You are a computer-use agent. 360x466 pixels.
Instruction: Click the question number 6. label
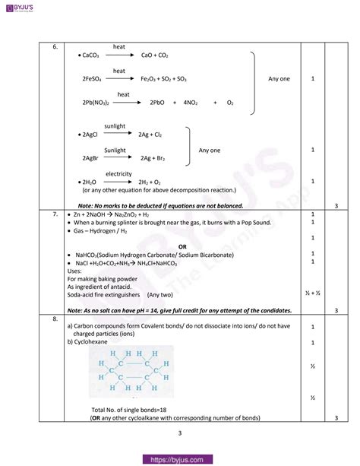pyautogui.click(x=55, y=47)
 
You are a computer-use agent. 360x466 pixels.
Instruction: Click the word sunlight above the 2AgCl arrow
pyautogui.click(x=115, y=125)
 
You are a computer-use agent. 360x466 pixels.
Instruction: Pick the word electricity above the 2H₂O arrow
pyautogui.click(x=118, y=174)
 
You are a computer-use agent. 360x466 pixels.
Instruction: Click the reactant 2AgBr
pyautogui.click(x=93, y=158)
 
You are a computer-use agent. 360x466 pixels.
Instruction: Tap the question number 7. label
pyautogui.click(x=55, y=215)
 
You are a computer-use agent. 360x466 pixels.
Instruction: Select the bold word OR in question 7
pyautogui.click(x=182, y=247)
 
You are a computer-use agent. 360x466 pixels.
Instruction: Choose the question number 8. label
pyautogui.click(x=55, y=319)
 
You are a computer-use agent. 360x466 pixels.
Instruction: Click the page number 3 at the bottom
pyautogui.click(x=180, y=433)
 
